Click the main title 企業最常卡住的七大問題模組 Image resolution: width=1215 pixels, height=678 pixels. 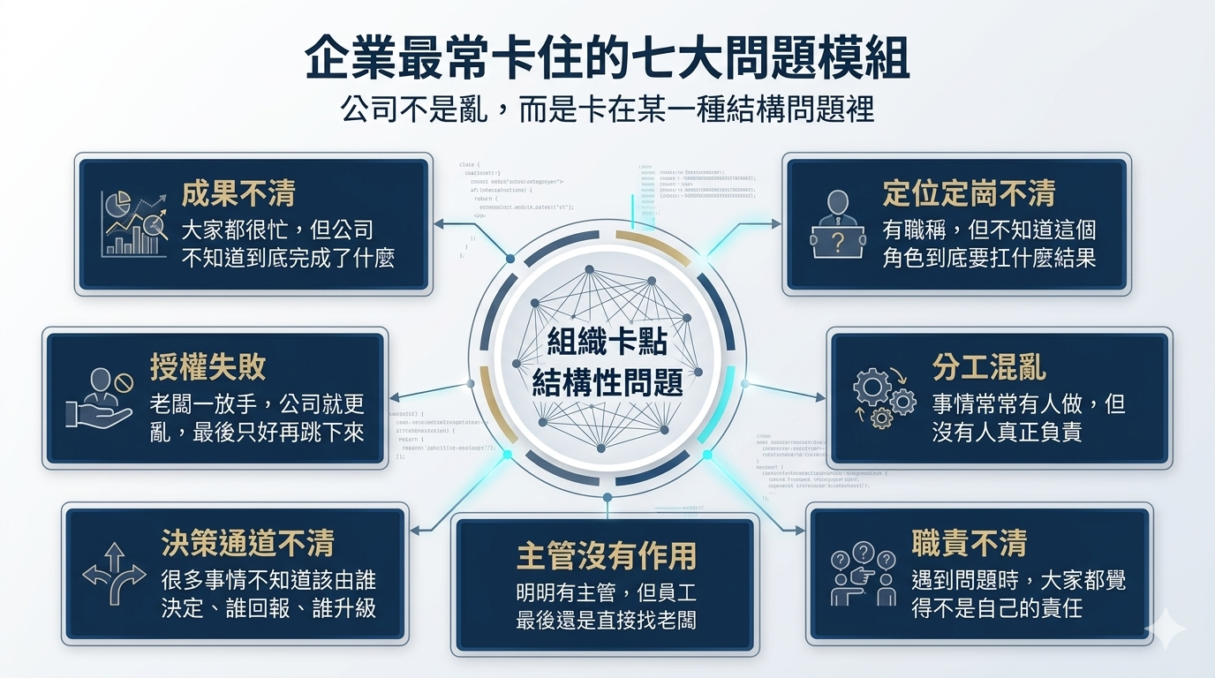[x=607, y=61]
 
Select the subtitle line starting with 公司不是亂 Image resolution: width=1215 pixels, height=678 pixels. [x=607, y=110]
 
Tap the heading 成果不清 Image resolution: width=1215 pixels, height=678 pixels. [x=238, y=194]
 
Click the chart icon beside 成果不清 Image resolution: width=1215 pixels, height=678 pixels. [x=133, y=223]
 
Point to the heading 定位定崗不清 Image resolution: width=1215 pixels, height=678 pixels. [x=969, y=194]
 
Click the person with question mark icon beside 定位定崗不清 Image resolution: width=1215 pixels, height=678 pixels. [x=835, y=225]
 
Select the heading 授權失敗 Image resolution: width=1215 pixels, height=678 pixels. [x=208, y=367]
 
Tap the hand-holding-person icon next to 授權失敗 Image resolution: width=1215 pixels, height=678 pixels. [x=99, y=400]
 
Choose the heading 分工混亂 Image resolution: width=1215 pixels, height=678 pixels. [x=989, y=367]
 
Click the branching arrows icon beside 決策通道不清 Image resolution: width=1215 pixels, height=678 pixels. [x=113, y=574]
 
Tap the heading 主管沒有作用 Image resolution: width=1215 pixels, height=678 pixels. [x=607, y=555]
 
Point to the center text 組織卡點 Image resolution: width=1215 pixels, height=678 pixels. [x=607, y=341]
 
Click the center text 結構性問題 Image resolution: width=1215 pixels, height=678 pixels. [x=607, y=383]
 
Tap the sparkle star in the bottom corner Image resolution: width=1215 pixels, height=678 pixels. [x=1165, y=628]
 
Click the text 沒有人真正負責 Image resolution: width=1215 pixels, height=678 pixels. [x=1007, y=433]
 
